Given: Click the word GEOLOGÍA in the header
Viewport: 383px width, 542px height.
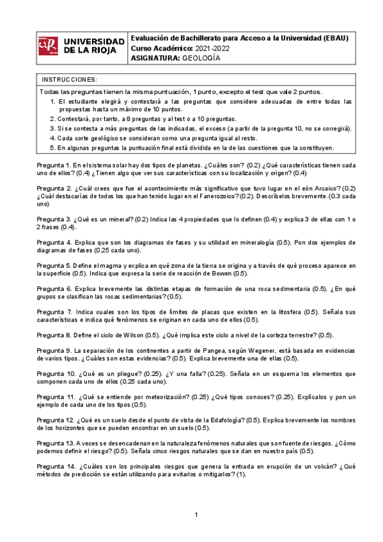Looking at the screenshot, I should tap(201, 58).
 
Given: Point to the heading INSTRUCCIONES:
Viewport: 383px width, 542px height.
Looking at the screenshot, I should tap(69, 79).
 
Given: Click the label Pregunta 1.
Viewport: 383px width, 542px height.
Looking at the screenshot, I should tap(54, 165).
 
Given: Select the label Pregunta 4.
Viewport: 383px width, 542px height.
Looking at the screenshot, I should tap(54, 243).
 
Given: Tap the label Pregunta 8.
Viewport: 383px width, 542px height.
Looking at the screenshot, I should tap(54, 335).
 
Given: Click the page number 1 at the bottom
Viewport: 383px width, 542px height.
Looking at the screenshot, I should tap(197, 515).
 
